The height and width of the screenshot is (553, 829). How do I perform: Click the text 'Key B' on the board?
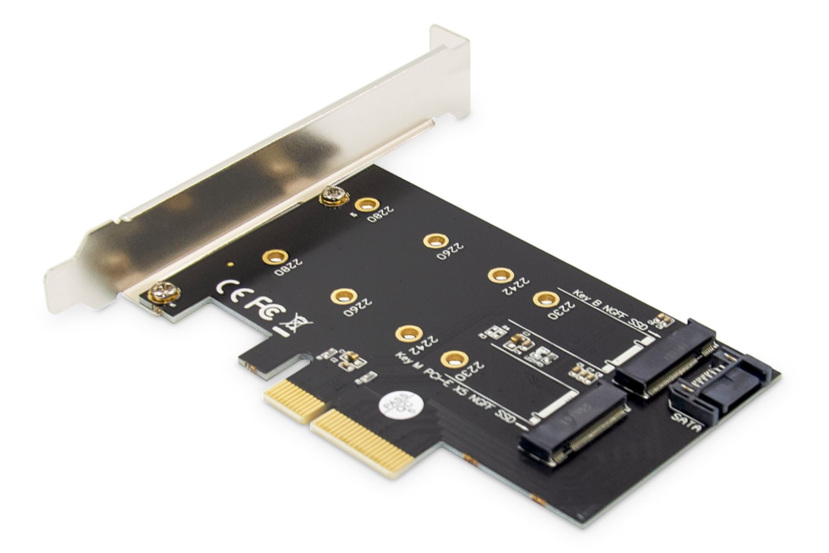(x=582, y=294)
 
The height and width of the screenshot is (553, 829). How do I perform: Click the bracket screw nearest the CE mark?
(x=164, y=295)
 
